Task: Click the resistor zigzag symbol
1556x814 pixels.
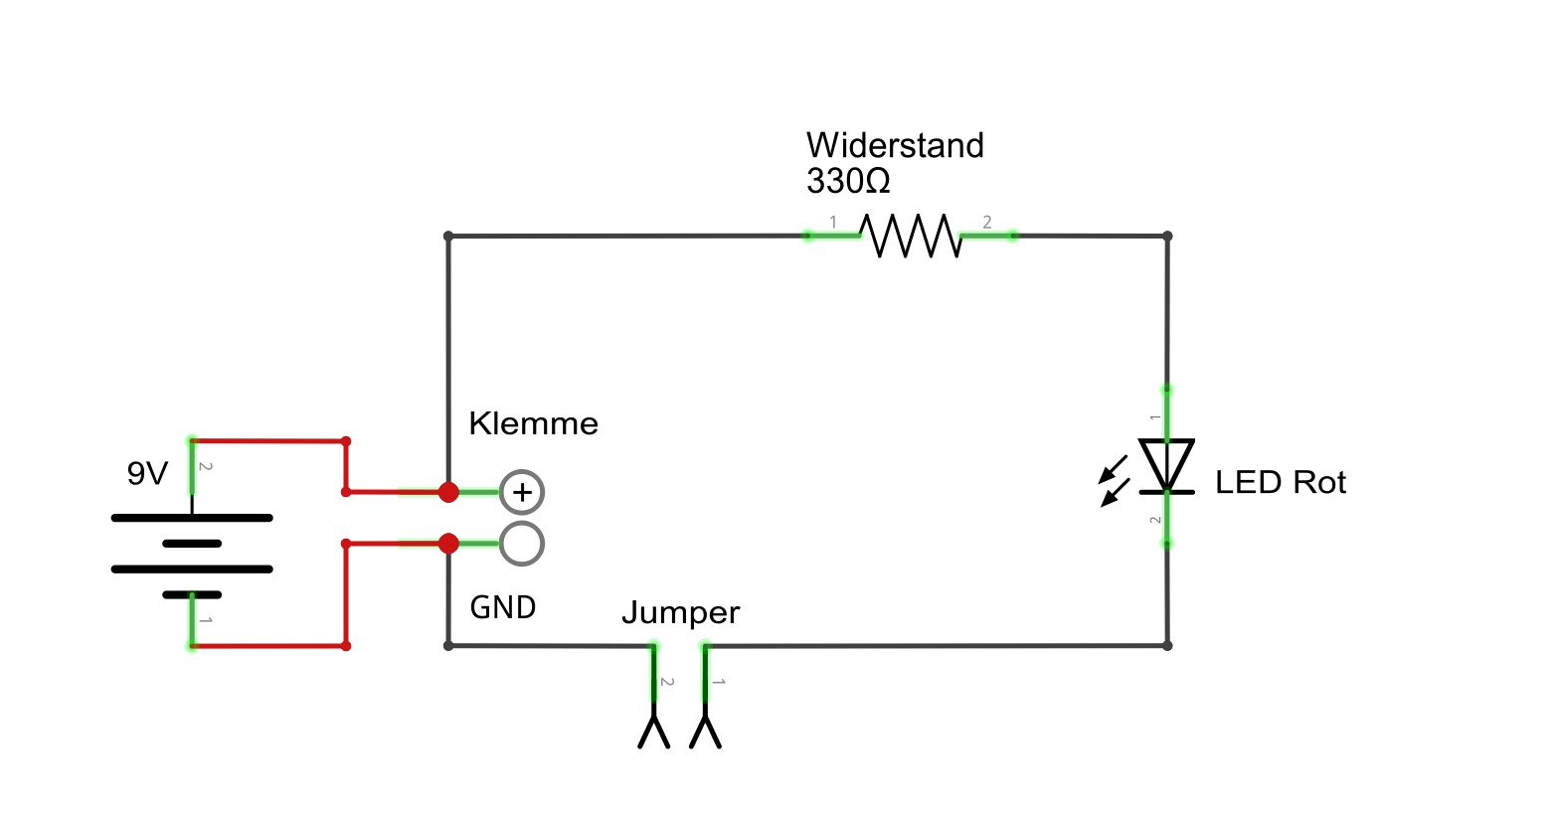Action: pos(910,236)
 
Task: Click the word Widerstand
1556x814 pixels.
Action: pos(895,146)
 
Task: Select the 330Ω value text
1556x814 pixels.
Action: pos(848,182)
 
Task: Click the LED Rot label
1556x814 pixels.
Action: pos(1280,483)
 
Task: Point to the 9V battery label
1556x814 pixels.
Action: pos(147,474)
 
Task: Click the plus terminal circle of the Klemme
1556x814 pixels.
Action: pos(522,491)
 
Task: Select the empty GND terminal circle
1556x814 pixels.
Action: pos(522,544)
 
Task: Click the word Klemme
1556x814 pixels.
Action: pos(533,423)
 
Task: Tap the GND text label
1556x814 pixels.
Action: pos(502,607)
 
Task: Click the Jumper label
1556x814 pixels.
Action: pos(680,612)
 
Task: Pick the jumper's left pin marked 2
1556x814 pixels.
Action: pos(654,696)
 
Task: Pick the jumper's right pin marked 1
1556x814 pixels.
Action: pos(706,696)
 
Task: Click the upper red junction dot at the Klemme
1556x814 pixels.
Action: pos(448,491)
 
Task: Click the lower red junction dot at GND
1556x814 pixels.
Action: pos(448,544)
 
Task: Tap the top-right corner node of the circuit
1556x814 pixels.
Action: pos(1167,237)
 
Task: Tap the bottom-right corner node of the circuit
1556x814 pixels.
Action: pos(1167,645)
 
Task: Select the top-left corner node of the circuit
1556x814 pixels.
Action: pos(448,237)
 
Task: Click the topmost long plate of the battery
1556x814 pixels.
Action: pos(191,518)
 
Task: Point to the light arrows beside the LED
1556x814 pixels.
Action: pos(1114,480)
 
